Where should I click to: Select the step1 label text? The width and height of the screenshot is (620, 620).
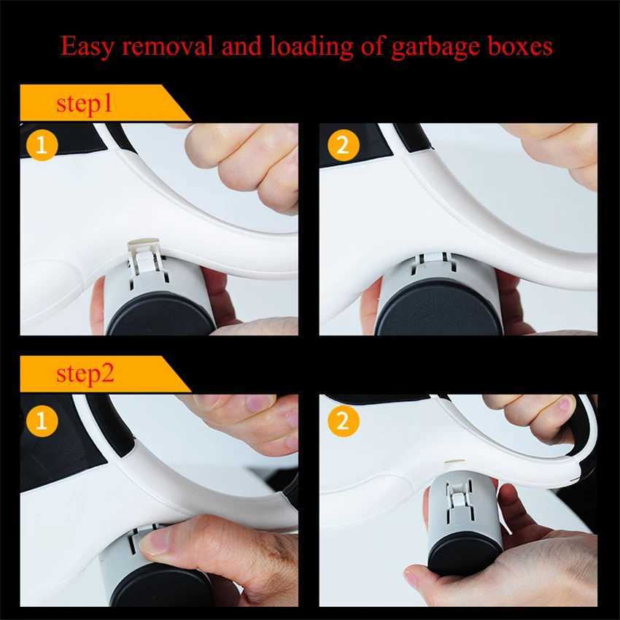point(85,104)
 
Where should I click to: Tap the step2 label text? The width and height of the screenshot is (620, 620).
point(85,375)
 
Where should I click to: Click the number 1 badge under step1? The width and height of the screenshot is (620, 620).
point(42,144)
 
